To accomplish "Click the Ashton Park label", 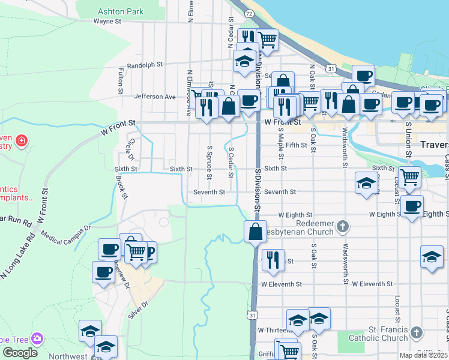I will pyautogui.click(x=121, y=11).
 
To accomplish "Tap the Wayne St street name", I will pyautogui.click(x=107, y=21).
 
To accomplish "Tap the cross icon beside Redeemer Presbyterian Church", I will pyautogui.click(x=342, y=226).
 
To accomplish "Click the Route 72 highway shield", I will pyautogui.click(x=249, y=13).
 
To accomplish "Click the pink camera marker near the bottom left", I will pyautogui.click(x=38, y=338).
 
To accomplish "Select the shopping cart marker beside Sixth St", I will pyautogui.click(x=409, y=177).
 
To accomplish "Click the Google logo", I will pyautogui.click(x=20, y=353).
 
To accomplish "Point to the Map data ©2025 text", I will pyautogui.click(x=424, y=355).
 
